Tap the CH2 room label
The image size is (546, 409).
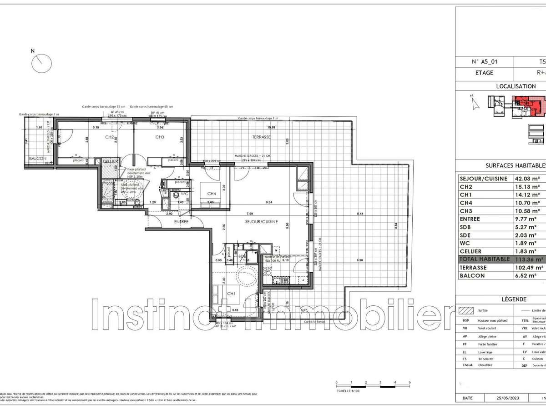(x=110, y=137)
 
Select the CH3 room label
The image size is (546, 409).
(x=160, y=137)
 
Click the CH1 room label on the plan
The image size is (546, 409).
(x=231, y=293)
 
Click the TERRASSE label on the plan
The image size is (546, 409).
(x=262, y=137)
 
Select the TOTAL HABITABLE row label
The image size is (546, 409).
(x=485, y=259)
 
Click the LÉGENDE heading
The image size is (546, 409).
(x=514, y=299)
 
